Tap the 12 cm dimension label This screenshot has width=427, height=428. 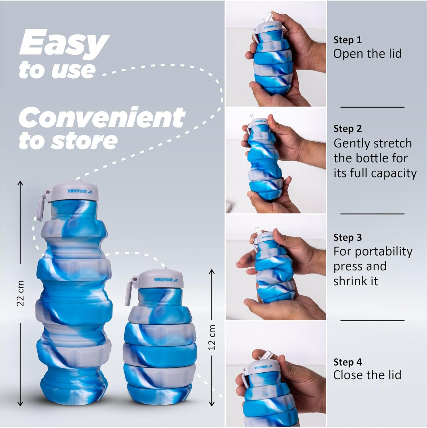pos(212,337)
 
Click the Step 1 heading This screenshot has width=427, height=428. pos(347,40)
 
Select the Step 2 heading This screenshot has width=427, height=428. pos(347,129)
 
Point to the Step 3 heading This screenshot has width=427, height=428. pos(347,237)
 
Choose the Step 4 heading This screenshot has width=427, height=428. pos(347,362)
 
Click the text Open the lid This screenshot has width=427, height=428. pos(367,54)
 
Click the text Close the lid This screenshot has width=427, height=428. pos(367,375)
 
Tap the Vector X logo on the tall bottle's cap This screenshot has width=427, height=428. pos(79,191)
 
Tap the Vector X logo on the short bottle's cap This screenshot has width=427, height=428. pos(165,280)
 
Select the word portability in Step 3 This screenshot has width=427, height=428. pos(384,252)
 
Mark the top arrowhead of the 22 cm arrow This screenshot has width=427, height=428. pos(20,183)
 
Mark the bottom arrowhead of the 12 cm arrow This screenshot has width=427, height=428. pos(212,403)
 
